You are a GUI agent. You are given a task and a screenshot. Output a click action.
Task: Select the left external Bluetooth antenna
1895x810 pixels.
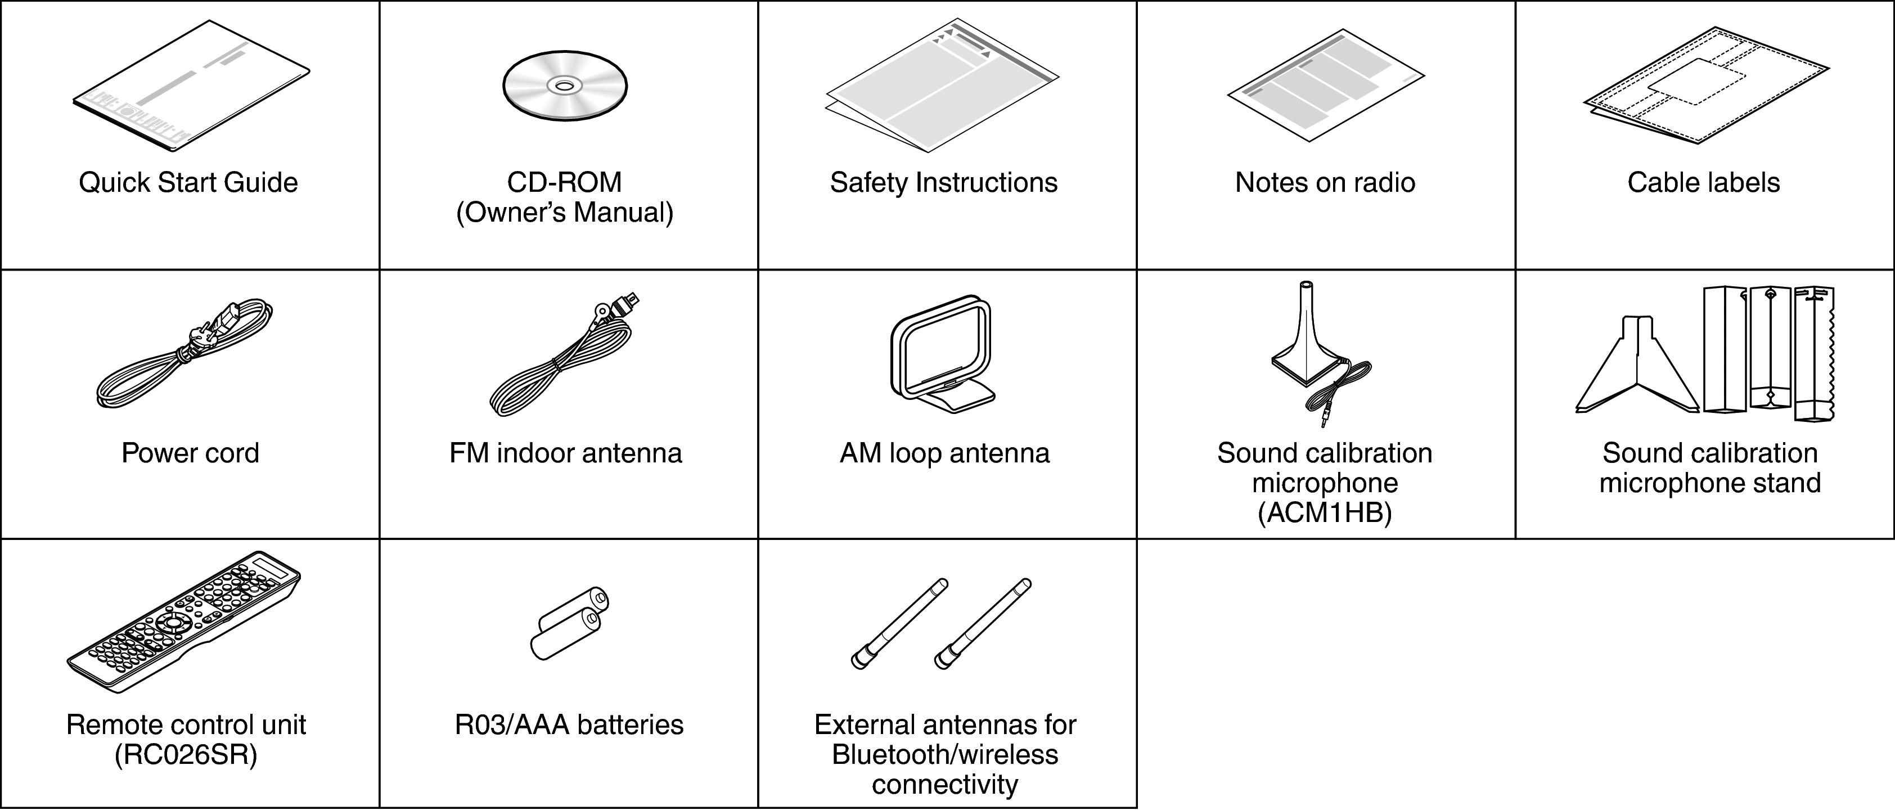click(x=899, y=624)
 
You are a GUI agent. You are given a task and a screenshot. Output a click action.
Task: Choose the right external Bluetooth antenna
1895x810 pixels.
click(x=982, y=624)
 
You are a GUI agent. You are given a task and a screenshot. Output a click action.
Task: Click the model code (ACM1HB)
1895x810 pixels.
click(x=1324, y=513)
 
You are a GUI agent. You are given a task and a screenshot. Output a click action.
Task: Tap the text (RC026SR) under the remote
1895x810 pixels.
click(x=186, y=755)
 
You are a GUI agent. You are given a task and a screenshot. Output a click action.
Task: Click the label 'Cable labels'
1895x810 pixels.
click(x=1703, y=182)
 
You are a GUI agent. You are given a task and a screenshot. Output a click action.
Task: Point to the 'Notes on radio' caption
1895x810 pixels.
click(x=1324, y=182)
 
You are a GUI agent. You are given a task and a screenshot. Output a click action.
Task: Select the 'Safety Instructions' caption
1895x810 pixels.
click(x=944, y=182)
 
